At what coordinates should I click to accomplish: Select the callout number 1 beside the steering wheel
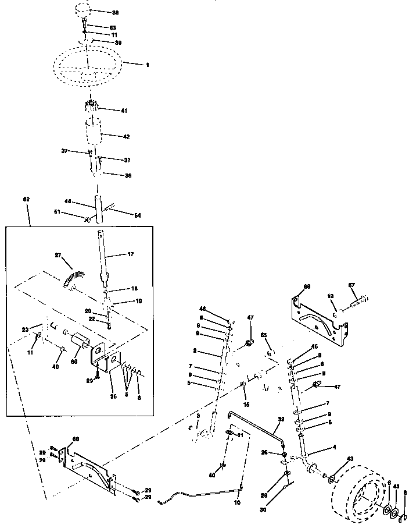point(148,65)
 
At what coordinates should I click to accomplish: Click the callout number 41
point(124,110)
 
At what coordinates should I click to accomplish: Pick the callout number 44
point(68,201)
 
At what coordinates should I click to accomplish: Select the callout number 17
point(131,254)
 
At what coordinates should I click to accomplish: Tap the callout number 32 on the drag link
point(281,418)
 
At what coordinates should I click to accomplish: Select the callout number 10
point(236,502)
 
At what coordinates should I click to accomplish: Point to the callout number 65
point(263,336)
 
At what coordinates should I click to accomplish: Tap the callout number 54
point(138,216)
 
